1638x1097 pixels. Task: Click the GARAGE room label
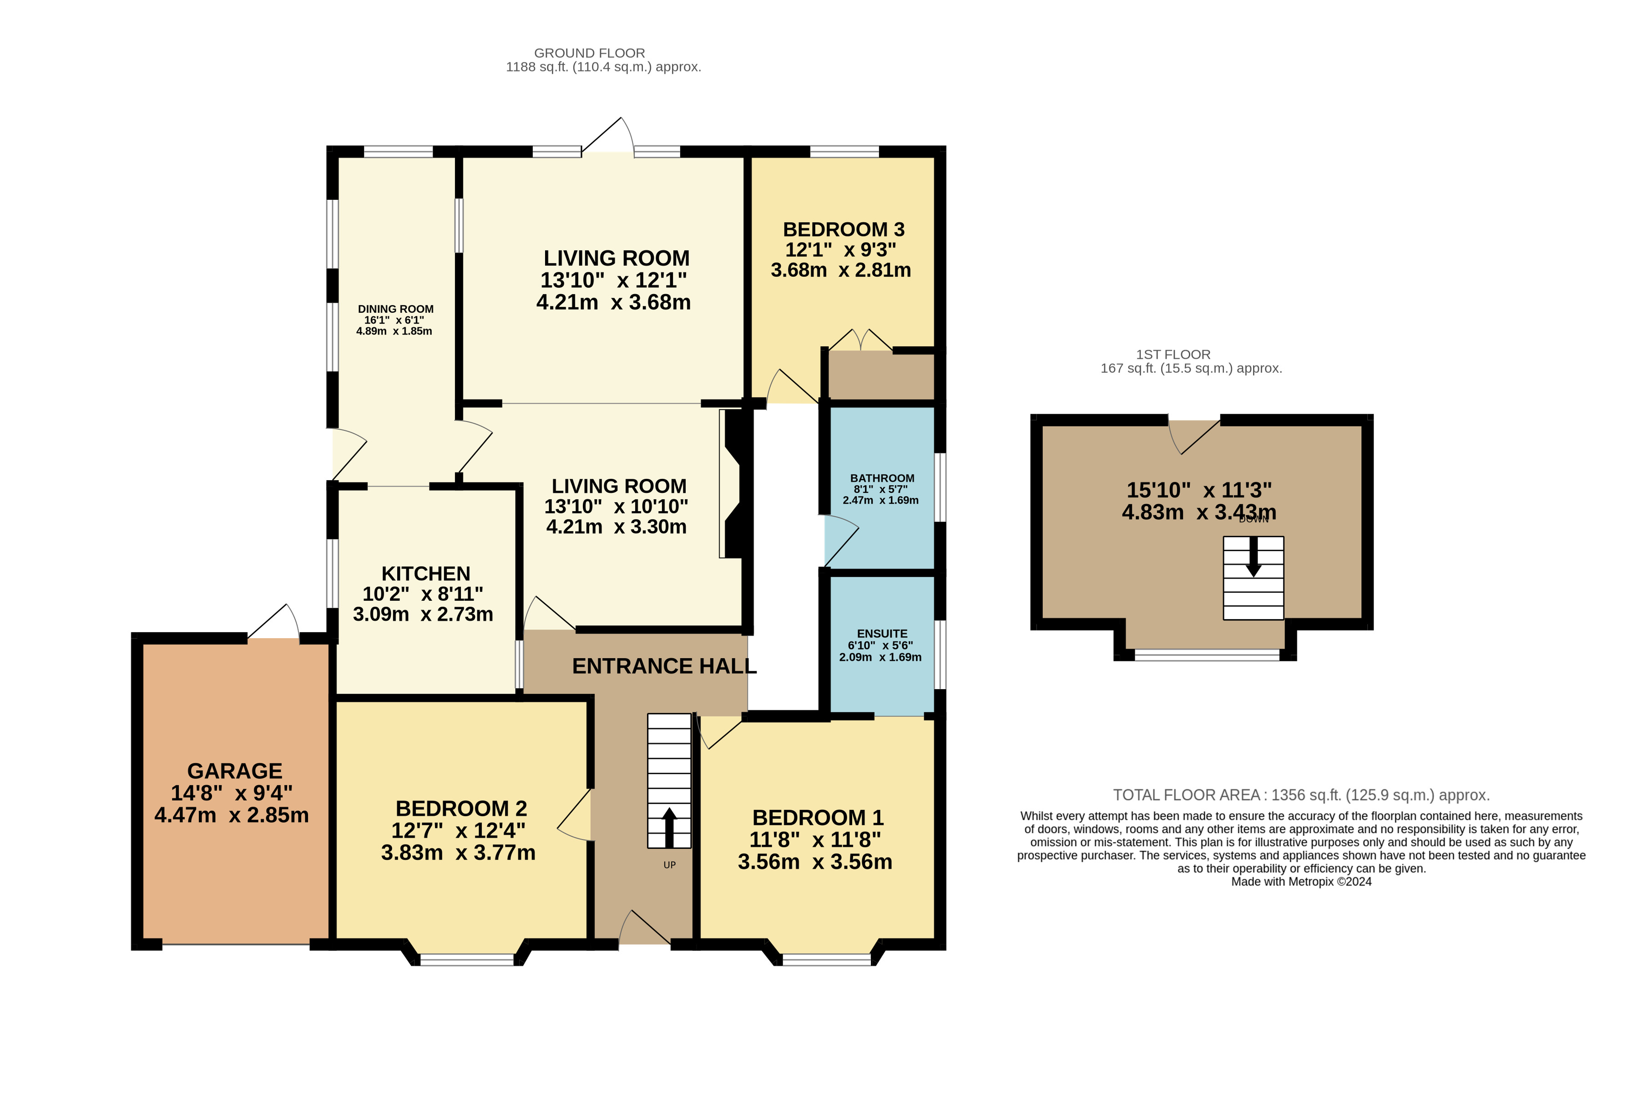click(x=234, y=771)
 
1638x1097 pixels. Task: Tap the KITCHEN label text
click(x=425, y=574)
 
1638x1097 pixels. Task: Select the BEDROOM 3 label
click(x=844, y=229)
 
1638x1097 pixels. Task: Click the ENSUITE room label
click(x=882, y=633)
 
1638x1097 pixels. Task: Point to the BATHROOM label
click(x=882, y=478)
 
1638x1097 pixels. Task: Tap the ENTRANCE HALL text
click(x=664, y=666)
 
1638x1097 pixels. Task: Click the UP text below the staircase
click(x=669, y=865)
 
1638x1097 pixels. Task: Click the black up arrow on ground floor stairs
click(x=669, y=828)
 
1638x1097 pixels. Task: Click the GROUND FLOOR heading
click(x=590, y=53)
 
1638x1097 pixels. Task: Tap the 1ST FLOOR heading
click(x=1173, y=355)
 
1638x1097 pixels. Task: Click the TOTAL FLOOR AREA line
click(x=1302, y=795)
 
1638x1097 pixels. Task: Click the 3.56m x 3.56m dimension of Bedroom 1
click(x=815, y=862)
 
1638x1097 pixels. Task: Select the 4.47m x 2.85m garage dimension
click(x=232, y=815)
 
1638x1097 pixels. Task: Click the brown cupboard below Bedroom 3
click(x=881, y=376)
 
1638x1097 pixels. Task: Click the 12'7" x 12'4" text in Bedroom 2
click(x=458, y=830)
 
